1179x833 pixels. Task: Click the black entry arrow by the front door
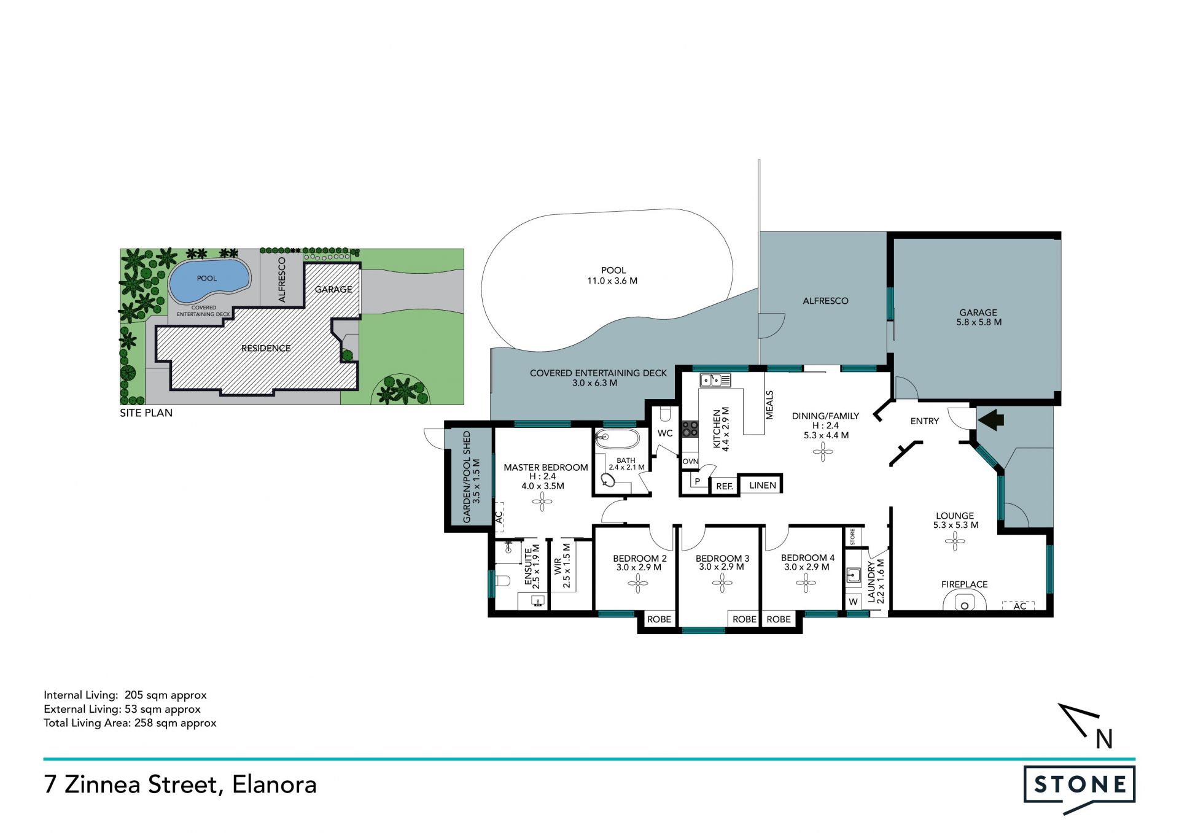pos(990,420)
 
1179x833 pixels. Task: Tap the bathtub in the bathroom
pos(617,440)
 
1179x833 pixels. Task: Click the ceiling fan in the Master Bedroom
pos(542,503)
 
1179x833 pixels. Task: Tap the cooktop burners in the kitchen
pos(690,428)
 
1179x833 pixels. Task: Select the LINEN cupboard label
pos(763,485)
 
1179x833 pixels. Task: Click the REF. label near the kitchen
pos(725,486)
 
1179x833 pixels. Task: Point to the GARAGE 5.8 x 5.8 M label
pos(979,317)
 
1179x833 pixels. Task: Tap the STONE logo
pos(1080,789)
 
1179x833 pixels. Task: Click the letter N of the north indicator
pos(1104,739)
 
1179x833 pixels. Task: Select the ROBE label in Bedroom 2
pos(659,619)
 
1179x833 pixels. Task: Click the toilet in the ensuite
pos(503,581)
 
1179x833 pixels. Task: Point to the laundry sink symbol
pos(854,575)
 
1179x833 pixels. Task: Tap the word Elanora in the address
pos(274,785)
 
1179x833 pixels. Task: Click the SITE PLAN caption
pos(146,413)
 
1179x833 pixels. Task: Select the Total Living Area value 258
pos(144,723)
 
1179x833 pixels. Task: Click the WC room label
pos(665,433)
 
